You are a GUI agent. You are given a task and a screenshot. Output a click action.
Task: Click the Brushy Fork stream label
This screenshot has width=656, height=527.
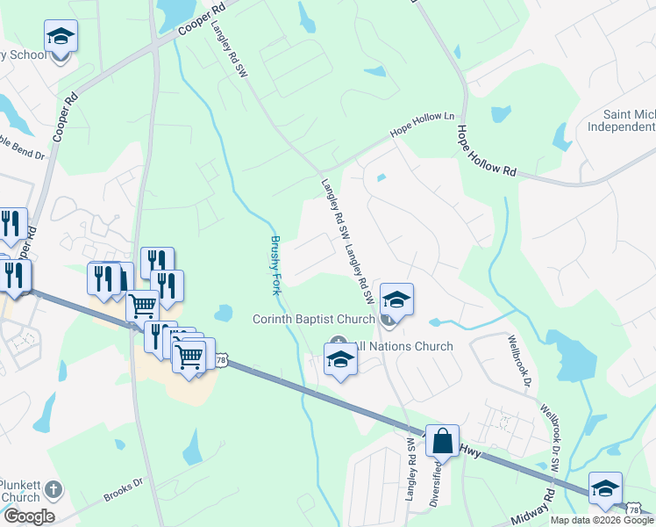click(x=277, y=264)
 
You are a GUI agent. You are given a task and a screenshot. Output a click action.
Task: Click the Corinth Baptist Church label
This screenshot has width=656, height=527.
click(x=313, y=319)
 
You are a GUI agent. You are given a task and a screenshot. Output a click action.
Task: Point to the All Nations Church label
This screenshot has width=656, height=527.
click(x=403, y=346)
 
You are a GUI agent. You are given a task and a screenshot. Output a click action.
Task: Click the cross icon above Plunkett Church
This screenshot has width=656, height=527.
click(x=53, y=488)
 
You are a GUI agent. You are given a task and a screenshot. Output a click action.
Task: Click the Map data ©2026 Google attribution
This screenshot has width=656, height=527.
click(x=602, y=520)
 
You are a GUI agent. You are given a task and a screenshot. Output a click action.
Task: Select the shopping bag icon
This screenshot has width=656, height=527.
click(x=443, y=440)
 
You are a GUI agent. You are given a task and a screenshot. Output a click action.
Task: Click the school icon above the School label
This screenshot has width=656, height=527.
click(x=61, y=36)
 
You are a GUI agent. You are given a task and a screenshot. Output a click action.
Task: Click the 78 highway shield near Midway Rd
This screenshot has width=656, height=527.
click(x=634, y=509)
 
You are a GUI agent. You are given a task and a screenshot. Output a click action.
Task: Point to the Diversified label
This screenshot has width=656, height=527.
click(x=435, y=481)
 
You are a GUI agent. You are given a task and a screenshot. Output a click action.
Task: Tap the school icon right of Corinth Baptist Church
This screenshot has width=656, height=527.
click(x=396, y=300)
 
